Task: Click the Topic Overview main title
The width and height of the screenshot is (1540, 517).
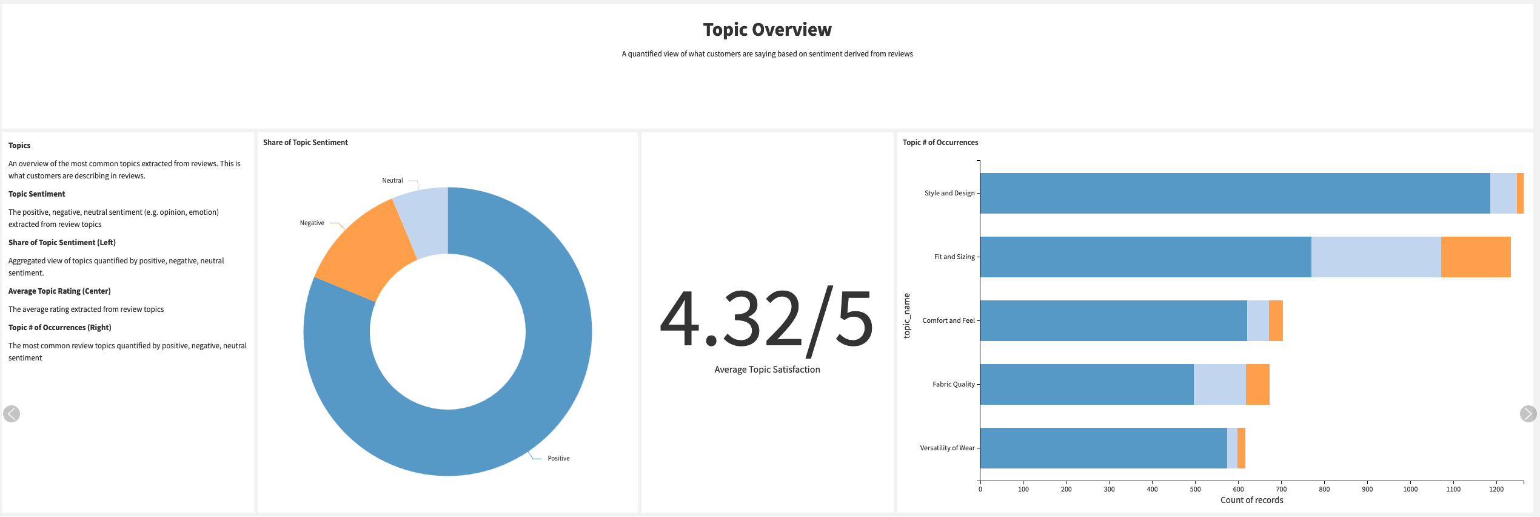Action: click(x=767, y=30)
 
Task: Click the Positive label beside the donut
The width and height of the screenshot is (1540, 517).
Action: click(x=558, y=458)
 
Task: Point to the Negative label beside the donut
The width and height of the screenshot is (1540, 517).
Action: click(x=312, y=223)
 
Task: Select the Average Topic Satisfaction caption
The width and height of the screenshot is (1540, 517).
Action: click(x=767, y=370)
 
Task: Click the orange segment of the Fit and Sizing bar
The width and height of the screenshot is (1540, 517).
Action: click(x=1475, y=257)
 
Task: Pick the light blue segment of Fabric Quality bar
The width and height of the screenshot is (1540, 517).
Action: click(x=1219, y=385)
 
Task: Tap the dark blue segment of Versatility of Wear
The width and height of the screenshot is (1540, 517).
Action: click(x=1103, y=448)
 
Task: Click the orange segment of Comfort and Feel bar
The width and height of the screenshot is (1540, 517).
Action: click(x=1276, y=321)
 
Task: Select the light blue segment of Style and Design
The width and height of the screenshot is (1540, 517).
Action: click(x=1503, y=194)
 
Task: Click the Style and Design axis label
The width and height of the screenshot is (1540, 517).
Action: click(x=949, y=194)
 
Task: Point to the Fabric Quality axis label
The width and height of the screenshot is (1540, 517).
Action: click(x=953, y=385)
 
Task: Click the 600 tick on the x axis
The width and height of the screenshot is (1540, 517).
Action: click(x=1238, y=489)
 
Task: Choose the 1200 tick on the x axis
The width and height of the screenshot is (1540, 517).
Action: click(x=1496, y=489)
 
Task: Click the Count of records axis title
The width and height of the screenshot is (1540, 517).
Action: click(x=1251, y=501)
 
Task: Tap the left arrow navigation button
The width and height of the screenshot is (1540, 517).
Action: click(x=12, y=414)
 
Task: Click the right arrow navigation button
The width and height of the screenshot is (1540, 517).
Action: click(x=1528, y=414)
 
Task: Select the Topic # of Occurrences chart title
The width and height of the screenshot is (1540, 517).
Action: click(x=940, y=143)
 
